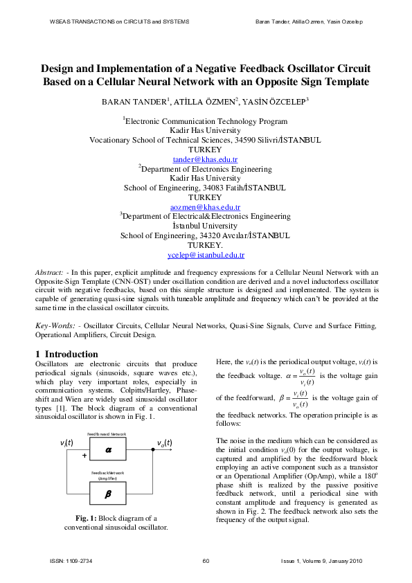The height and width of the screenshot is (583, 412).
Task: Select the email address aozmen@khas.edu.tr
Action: [205, 207]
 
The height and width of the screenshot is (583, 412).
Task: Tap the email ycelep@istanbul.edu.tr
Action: [205, 255]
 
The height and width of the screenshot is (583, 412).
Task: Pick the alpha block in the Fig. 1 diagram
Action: [108, 449]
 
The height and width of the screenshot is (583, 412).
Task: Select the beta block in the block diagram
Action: [108, 494]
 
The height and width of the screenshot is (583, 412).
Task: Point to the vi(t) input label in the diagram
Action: [68, 442]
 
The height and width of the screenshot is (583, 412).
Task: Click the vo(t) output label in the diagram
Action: [164, 442]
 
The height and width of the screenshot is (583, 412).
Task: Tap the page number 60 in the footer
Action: [206, 561]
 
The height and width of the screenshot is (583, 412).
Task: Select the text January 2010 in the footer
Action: [344, 561]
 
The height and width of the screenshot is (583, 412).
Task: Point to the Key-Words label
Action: [53, 325]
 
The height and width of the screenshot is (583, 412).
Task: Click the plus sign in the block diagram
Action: [84, 456]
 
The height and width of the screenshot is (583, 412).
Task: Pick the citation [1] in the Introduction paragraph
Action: [135, 409]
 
